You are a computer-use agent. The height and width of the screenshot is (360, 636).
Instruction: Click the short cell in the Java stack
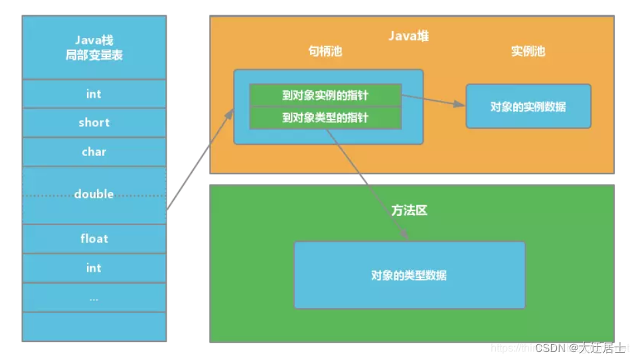pyautogui.click(x=94, y=123)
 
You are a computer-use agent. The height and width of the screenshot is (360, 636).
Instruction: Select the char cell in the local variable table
pyautogui.click(x=94, y=152)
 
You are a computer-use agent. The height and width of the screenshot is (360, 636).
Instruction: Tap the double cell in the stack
pyautogui.click(x=94, y=195)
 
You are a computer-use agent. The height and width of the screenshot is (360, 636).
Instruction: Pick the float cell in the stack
pyautogui.click(x=94, y=238)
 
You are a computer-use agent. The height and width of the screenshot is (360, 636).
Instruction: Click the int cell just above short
pyautogui.click(x=94, y=94)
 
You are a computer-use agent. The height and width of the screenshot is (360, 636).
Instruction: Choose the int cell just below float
pyautogui.click(x=94, y=268)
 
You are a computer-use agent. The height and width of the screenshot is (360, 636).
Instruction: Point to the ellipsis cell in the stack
pyautogui.click(x=94, y=298)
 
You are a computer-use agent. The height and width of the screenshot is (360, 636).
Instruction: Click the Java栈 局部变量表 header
pyautogui.click(x=94, y=48)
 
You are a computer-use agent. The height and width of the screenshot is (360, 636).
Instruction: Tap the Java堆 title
pyautogui.click(x=408, y=36)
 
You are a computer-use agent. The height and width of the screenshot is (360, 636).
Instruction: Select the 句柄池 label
pyautogui.click(x=325, y=51)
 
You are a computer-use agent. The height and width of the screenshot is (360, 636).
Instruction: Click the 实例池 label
pyautogui.click(x=528, y=51)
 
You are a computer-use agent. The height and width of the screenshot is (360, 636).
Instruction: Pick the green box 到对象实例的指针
pyautogui.click(x=325, y=95)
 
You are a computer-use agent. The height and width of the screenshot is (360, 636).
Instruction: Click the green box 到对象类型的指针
pyautogui.click(x=325, y=118)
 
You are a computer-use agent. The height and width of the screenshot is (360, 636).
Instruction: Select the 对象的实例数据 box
pyautogui.click(x=528, y=106)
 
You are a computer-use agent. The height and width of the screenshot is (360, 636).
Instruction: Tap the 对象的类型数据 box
pyautogui.click(x=409, y=275)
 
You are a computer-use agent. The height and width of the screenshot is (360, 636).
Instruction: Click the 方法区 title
pyautogui.click(x=409, y=211)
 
